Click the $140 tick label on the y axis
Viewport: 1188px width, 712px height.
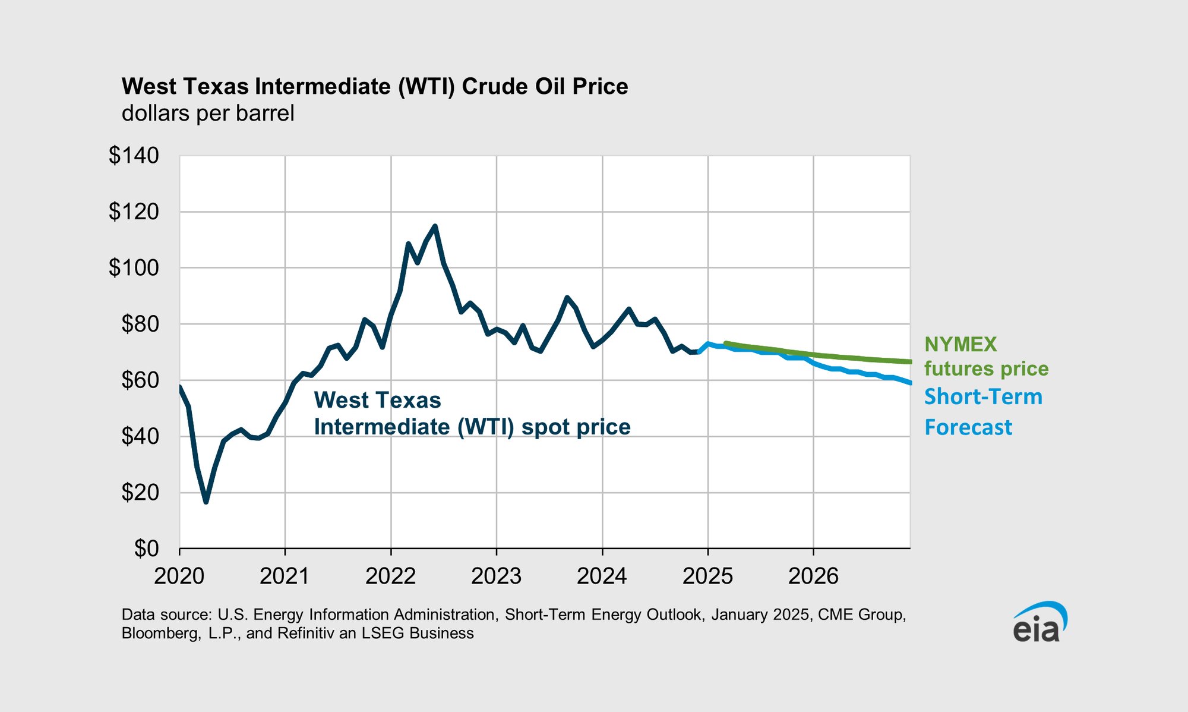pyautogui.click(x=134, y=156)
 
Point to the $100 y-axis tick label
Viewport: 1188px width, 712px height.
pyautogui.click(x=134, y=268)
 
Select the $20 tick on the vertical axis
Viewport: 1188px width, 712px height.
pyautogui.click(x=140, y=493)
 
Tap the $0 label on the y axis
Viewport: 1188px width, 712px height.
pyautogui.click(x=146, y=549)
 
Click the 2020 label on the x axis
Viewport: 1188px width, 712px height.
pyautogui.click(x=179, y=576)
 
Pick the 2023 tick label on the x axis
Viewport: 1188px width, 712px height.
pyautogui.click(x=496, y=576)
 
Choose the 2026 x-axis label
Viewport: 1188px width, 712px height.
pyautogui.click(x=813, y=576)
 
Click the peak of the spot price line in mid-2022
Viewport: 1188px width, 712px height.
pyautogui.click(x=435, y=226)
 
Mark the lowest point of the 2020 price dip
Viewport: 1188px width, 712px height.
pyautogui.click(x=206, y=502)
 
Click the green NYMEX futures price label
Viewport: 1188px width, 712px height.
pyautogui.click(x=986, y=357)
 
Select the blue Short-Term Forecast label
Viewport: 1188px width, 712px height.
pyautogui.click(x=983, y=412)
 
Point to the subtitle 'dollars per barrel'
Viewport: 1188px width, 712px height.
pyautogui.click(x=208, y=113)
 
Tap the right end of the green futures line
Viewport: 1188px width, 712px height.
pyautogui.click(x=909, y=361)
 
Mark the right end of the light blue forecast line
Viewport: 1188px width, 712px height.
pyautogui.click(x=910, y=383)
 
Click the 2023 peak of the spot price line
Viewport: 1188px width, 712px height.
pyautogui.click(x=567, y=297)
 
